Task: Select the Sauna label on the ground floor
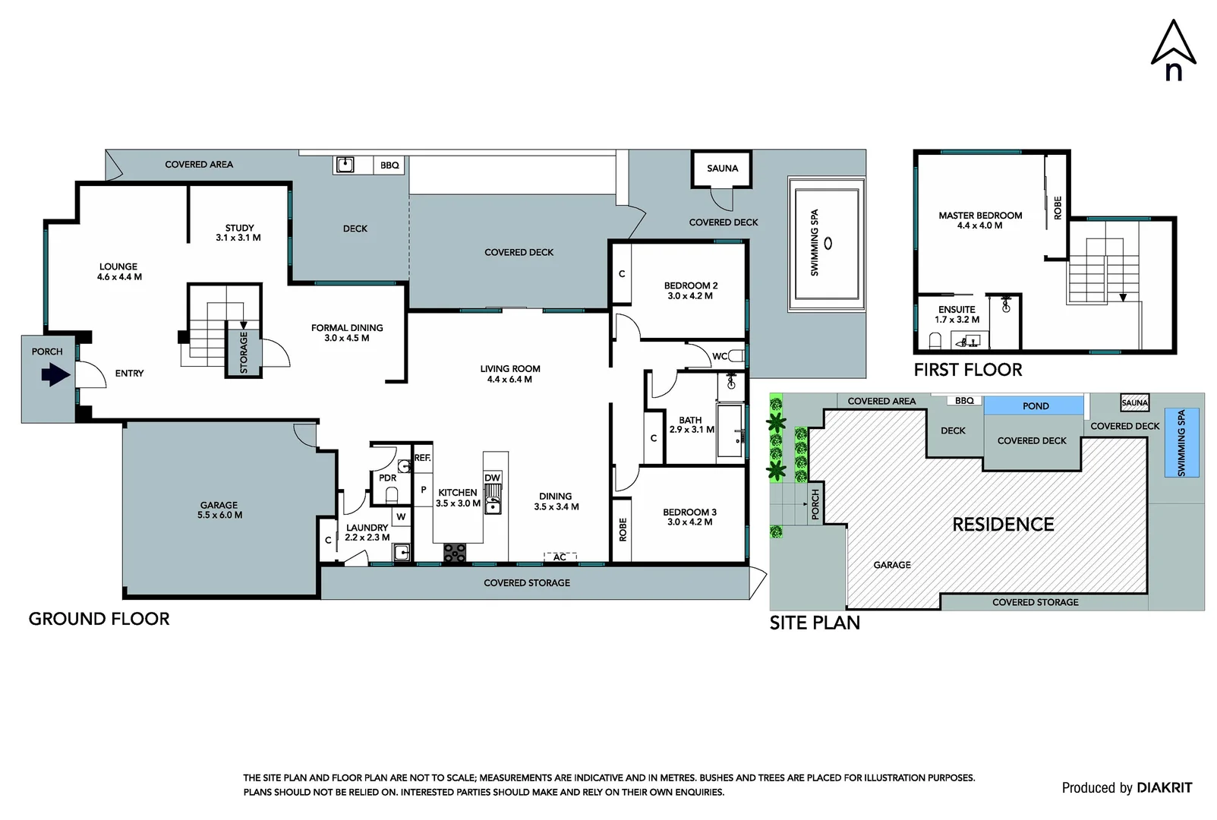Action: [x=722, y=169]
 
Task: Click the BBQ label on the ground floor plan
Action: [x=389, y=166]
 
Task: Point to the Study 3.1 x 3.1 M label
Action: [x=238, y=232]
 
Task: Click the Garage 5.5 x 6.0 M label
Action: [x=219, y=509]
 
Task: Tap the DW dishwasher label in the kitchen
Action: [x=492, y=478]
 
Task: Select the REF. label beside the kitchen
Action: [x=422, y=458]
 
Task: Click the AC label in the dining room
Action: [x=560, y=557]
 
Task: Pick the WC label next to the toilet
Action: [x=719, y=356]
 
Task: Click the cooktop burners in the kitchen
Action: [x=455, y=553]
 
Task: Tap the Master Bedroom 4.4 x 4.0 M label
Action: [x=980, y=220]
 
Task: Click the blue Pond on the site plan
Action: [x=1035, y=406]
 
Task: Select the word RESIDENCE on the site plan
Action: [x=1003, y=525]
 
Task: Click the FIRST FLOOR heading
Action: [x=967, y=370]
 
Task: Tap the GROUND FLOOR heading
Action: [x=99, y=619]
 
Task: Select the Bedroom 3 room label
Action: [x=689, y=517]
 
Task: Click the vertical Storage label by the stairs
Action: [x=244, y=353]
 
